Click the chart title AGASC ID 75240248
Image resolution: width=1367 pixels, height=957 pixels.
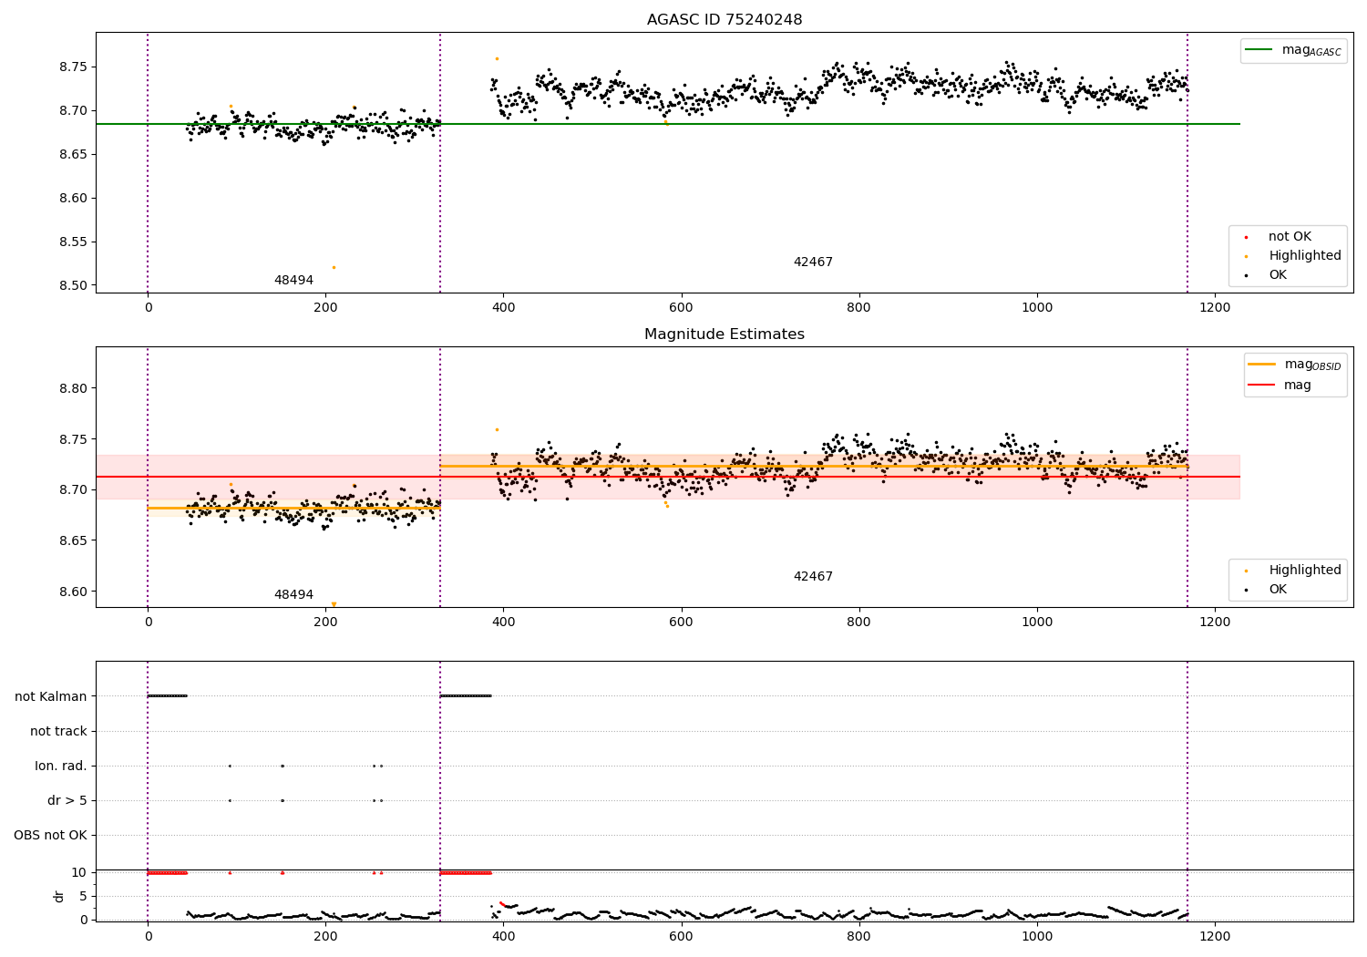click(725, 20)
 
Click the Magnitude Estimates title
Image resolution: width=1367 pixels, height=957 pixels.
click(725, 334)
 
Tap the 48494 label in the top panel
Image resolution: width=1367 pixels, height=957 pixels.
click(293, 281)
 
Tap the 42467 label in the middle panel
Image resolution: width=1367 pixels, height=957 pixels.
click(813, 577)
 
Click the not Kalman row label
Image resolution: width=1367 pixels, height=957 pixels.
click(51, 697)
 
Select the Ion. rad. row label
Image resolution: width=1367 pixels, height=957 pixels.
click(61, 767)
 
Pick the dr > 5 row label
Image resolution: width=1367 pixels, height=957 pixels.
click(67, 801)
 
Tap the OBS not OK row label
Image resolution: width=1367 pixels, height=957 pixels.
click(51, 836)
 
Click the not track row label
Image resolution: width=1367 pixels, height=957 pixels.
click(58, 732)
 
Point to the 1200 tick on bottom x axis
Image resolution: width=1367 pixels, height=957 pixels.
click(1214, 936)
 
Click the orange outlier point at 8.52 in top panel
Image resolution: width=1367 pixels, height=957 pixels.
click(334, 267)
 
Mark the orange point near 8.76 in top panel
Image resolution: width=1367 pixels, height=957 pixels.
click(497, 58)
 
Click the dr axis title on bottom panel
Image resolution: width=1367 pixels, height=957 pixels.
click(59, 896)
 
